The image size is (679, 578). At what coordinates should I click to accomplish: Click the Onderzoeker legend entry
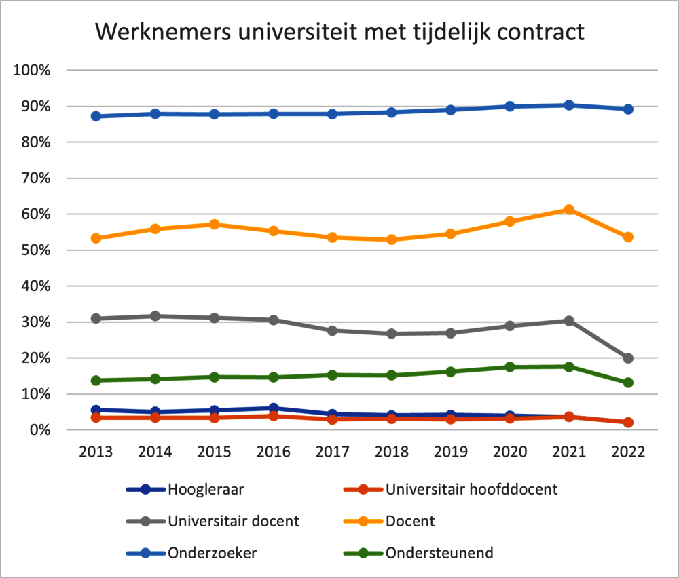click(211, 553)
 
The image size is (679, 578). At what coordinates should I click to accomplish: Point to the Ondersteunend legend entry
click(439, 553)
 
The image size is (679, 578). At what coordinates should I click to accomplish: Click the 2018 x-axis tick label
click(392, 452)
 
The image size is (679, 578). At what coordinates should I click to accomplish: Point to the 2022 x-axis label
click(627, 452)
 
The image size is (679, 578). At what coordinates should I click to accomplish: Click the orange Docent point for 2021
click(569, 210)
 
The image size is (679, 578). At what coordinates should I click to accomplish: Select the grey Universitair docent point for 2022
click(628, 358)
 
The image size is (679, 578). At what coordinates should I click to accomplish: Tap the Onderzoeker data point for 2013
click(96, 116)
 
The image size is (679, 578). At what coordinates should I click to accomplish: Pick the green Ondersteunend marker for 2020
click(510, 367)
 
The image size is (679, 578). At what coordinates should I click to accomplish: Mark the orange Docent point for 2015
click(215, 224)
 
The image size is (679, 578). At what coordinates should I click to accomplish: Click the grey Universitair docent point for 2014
click(155, 315)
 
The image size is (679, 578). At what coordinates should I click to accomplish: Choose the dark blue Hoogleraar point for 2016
click(274, 408)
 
